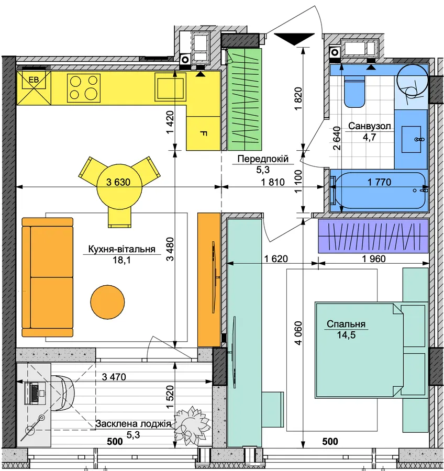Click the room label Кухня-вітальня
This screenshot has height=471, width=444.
point(122,249)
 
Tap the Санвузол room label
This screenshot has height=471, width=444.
point(370,126)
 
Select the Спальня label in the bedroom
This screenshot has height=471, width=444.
point(346,324)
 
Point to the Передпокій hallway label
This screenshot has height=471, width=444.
point(263,159)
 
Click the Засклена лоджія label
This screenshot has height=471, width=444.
point(133,424)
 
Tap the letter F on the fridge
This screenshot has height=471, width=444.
point(203,133)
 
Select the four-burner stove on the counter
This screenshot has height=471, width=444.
point(84,88)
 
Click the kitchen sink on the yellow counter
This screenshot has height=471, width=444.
point(170,87)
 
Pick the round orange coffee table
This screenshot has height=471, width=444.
point(107,302)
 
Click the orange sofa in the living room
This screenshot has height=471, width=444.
point(48,277)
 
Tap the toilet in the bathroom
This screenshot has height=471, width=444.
point(354,91)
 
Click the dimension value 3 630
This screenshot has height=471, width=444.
point(118,182)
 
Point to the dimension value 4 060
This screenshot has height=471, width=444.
point(298,333)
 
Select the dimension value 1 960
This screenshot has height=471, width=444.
point(374,259)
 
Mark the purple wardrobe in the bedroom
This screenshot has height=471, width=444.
point(373,236)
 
